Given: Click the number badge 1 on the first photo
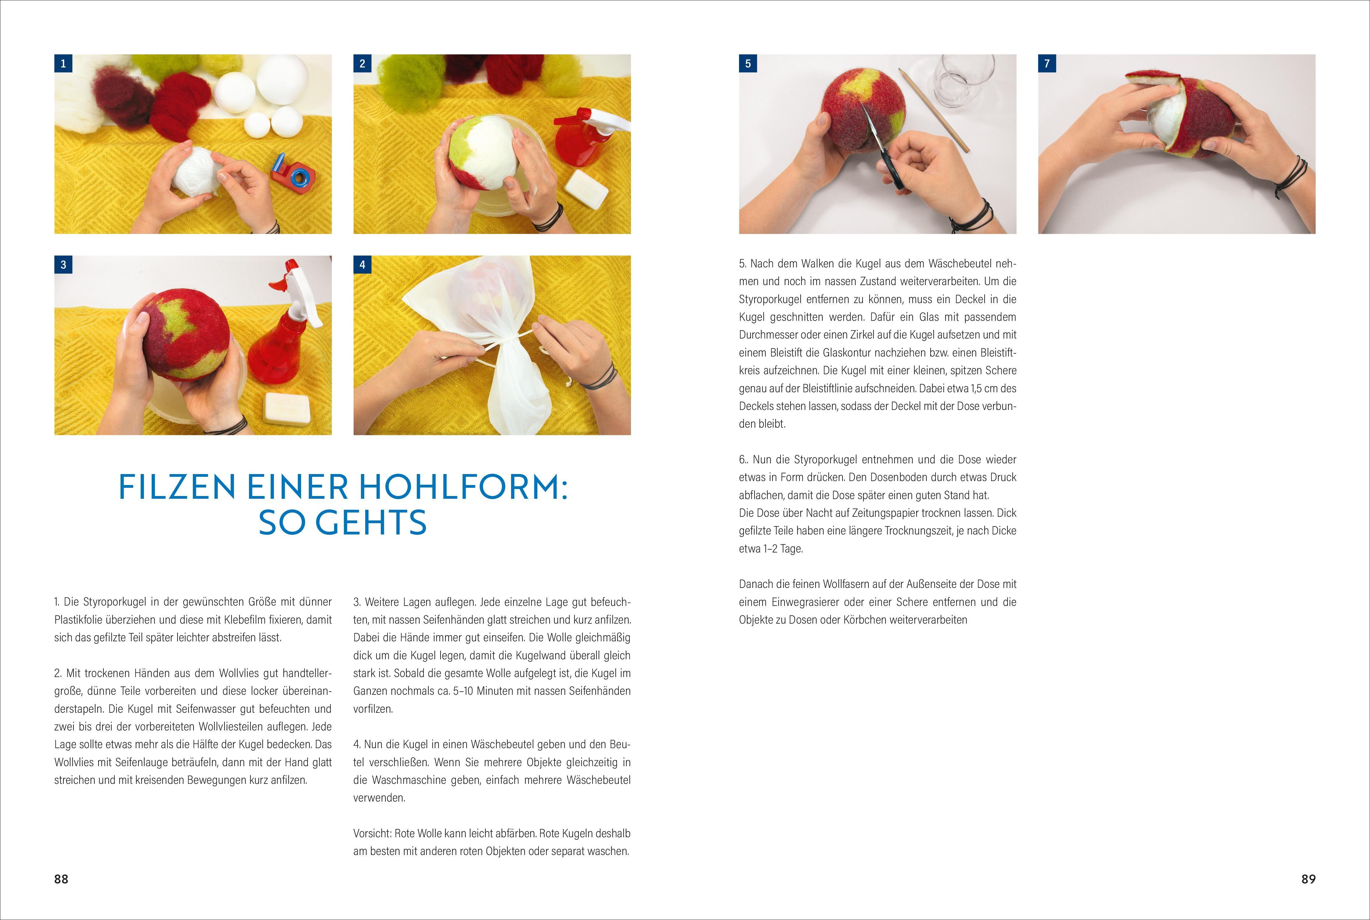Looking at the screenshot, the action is [63, 63].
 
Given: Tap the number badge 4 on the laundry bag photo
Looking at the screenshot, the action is [362, 265].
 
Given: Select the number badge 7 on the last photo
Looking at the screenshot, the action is [1047, 63].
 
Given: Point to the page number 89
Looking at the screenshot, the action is [1308, 879].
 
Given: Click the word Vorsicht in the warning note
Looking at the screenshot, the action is [373, 833].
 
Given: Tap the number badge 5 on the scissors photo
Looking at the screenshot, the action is [748, 63].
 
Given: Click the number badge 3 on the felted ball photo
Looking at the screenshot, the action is [63, 265].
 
